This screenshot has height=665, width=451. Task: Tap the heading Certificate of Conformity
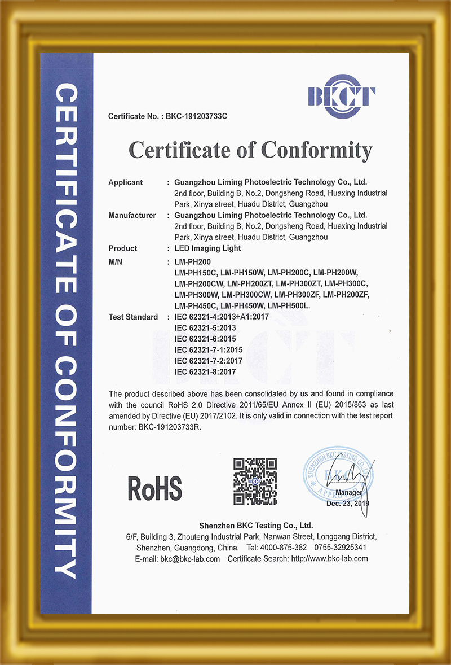click(250, 150)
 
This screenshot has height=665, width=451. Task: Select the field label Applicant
click(125, 182)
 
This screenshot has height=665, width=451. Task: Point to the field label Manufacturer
click(132, 215)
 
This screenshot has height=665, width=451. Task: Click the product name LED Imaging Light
click(208, 248)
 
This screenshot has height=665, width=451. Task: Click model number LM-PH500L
click(292, 305)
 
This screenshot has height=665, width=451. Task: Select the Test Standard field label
click(133, 317)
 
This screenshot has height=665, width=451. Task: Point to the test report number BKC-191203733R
click(169, 427)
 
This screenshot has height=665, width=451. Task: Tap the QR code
click(255, 481)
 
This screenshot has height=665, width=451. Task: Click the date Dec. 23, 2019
click(347, 502)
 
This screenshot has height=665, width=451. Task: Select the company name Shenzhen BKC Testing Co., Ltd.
click(251, 525)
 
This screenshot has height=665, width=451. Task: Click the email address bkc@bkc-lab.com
click(190, 559)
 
